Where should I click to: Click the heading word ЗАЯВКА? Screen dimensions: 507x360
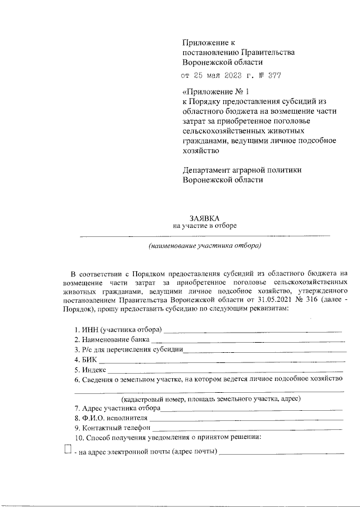(x=205, y=217)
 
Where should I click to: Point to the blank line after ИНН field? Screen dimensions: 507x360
(x=252, y=330)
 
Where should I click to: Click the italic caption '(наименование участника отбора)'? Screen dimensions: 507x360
(x=205, y=246)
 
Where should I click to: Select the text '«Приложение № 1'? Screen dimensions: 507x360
(x=215, y=91)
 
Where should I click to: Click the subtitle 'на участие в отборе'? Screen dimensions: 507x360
(x=205, y=226)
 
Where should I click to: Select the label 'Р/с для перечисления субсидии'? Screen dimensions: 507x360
(x=129, y=350)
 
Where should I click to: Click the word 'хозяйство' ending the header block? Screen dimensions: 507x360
(x=201, y=150)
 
